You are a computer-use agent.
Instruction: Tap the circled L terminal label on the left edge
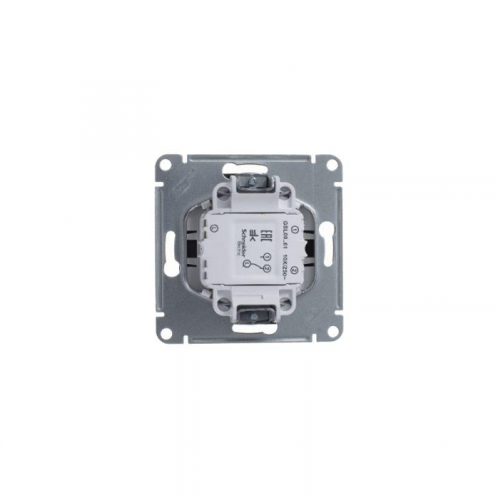213,227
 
